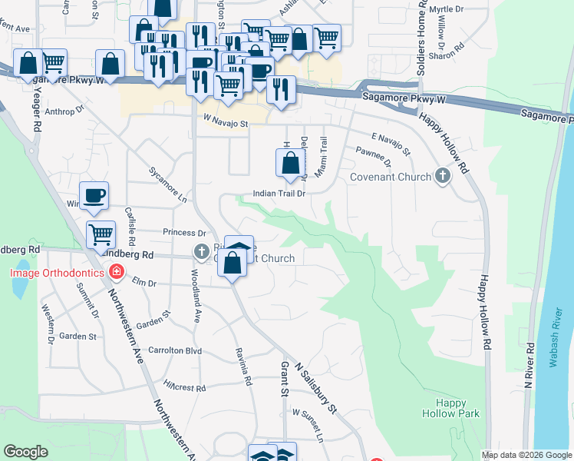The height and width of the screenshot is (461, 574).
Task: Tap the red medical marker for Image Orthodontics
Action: (116, 272)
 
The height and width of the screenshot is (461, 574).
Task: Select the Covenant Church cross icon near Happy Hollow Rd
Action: (442, 177)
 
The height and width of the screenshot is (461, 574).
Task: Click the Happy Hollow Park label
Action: (450, 408)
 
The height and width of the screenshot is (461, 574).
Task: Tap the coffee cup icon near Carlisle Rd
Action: (94, 196)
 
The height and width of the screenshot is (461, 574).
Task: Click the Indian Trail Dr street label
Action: (280, 194)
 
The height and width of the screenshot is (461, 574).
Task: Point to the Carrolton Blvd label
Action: (175, 350)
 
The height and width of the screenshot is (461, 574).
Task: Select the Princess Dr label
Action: (185, 232)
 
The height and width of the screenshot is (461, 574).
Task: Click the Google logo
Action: (26, 452)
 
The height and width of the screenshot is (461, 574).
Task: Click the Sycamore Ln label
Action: (168, 184)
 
